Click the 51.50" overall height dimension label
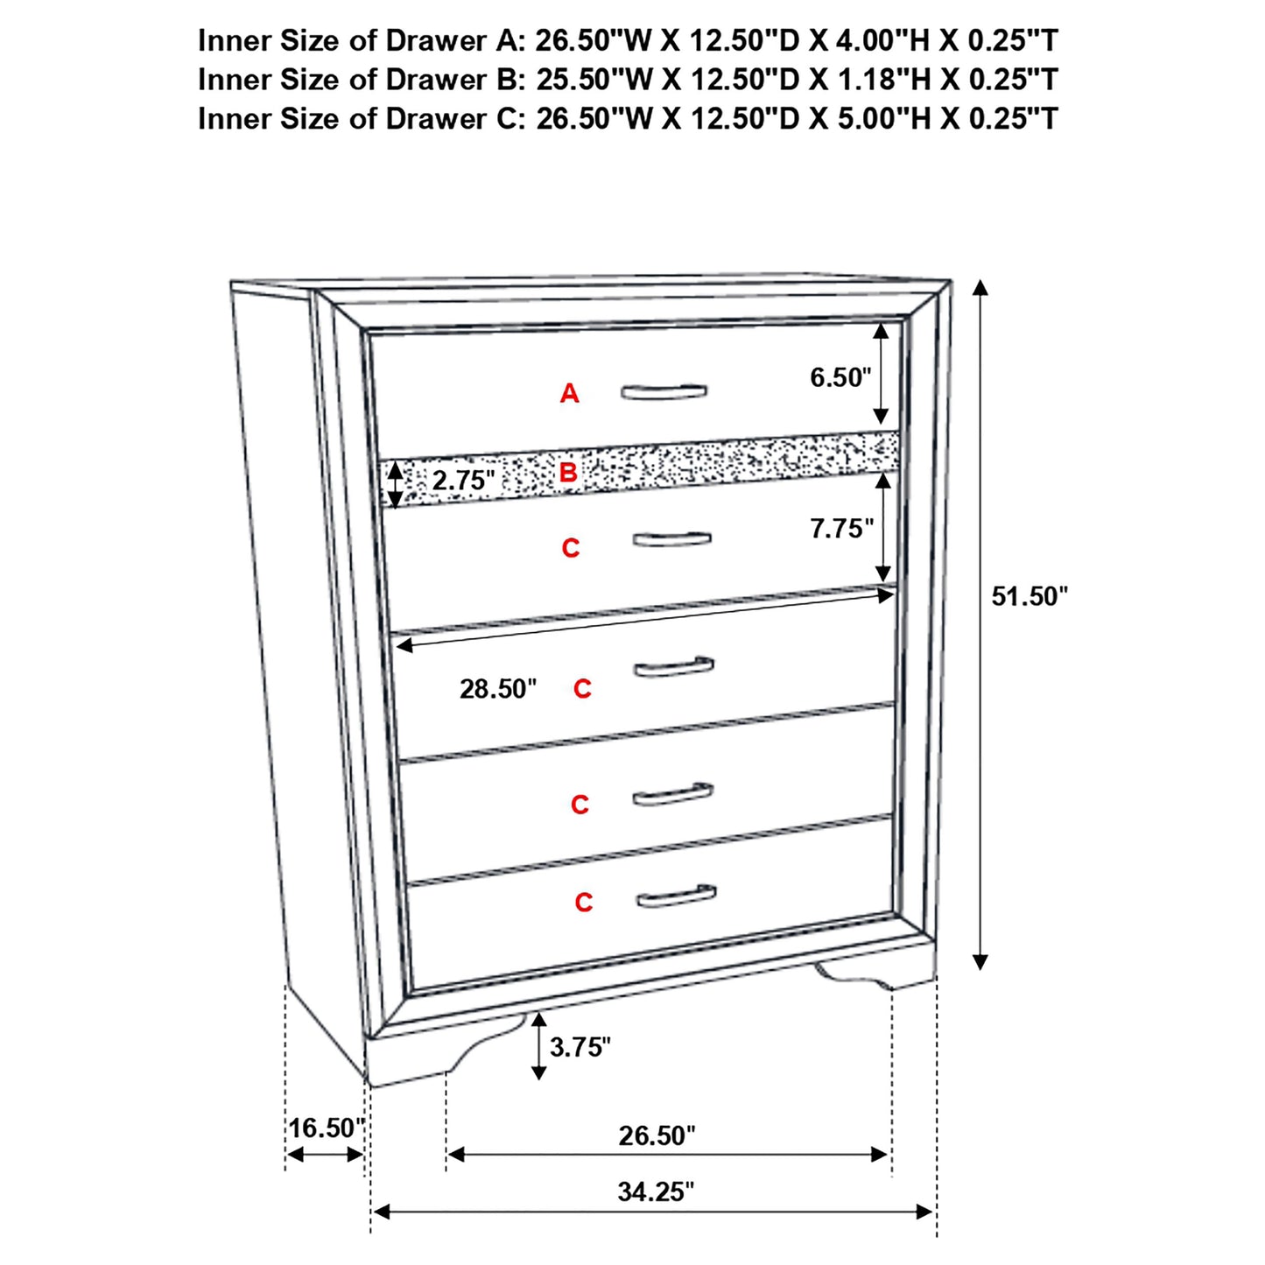pos(1030,597)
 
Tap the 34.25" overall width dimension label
pos(656,1191)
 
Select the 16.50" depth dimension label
pos(326,1128)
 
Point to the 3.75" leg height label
pos(580,1046)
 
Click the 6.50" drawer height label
pos(840,377)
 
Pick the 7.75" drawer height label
pos(841,529)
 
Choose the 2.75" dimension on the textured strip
pos(463,481)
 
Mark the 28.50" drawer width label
pos(498,689)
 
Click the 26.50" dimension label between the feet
pos(657,1135)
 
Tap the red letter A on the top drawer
pos(570,394)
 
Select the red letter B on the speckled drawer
pos(568,474)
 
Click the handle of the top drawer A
pos(664,392)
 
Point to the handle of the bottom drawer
pos(676,897)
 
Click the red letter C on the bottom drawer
pos(584,903)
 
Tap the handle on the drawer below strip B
pos(671,539)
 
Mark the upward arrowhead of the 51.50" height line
pos(980,289)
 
